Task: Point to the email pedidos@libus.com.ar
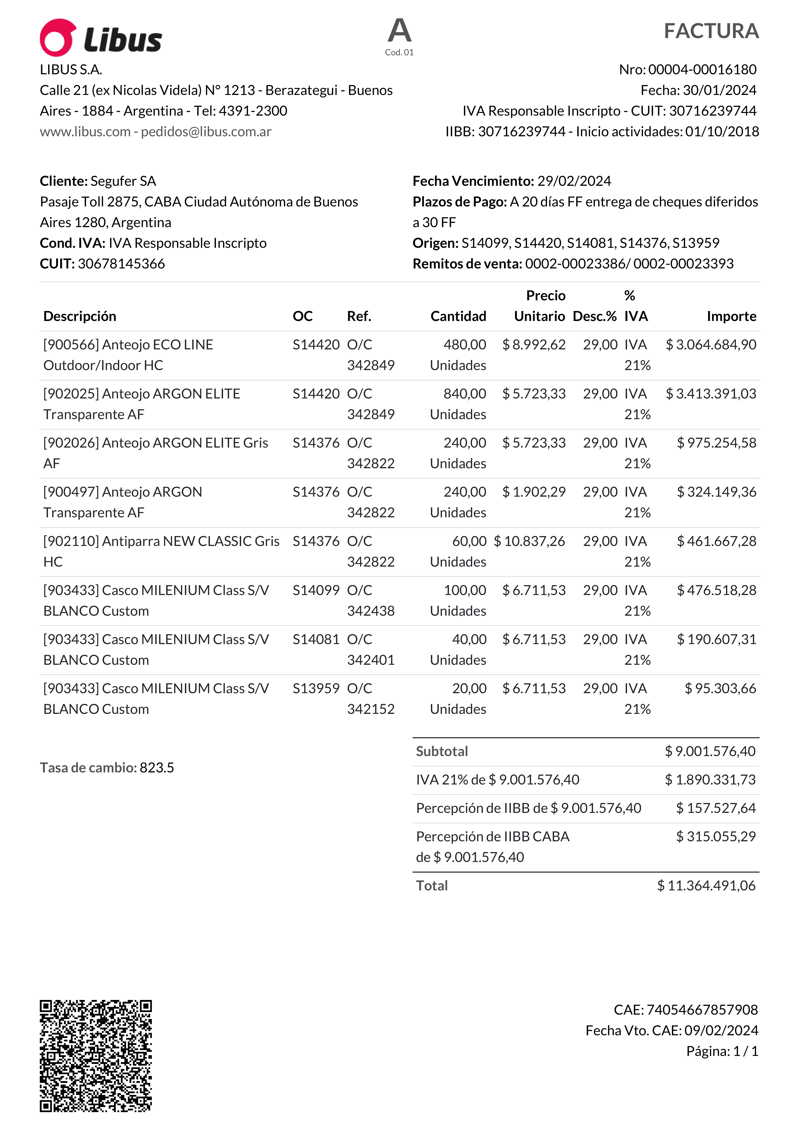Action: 206,132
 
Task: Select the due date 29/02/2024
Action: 574,181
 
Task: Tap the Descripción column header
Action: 80,316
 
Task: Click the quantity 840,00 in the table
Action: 465,394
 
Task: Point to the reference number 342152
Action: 371,709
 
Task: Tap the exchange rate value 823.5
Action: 157,768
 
